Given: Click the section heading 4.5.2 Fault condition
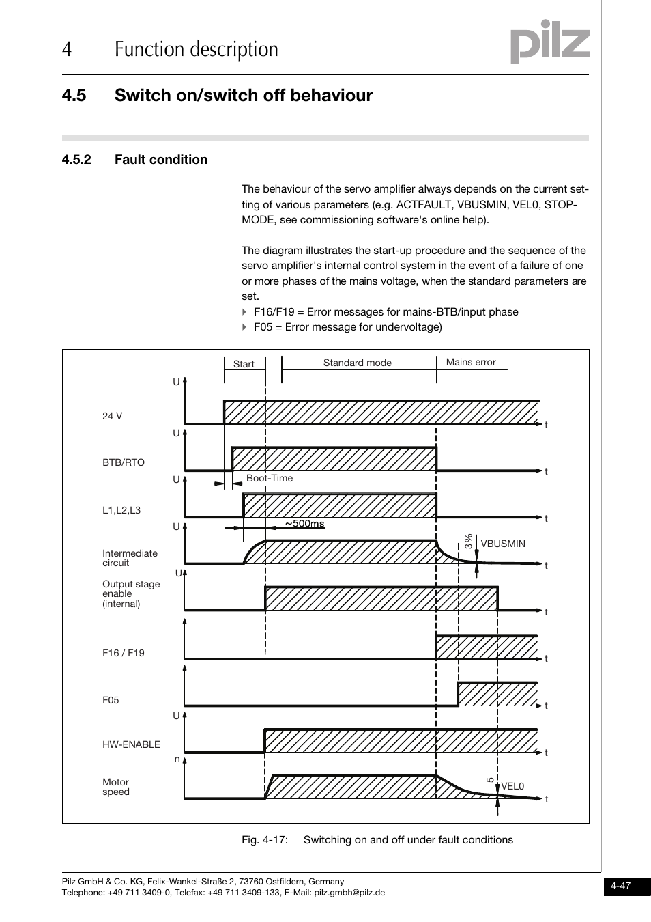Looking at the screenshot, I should coord(134,160).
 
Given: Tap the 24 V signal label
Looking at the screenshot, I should coord(112,416).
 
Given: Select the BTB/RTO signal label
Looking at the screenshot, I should coord(124,462).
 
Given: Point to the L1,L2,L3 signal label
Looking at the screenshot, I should coord(121,510).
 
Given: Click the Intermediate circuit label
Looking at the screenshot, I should coord(130,558).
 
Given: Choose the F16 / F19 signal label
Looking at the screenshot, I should coord(124,653).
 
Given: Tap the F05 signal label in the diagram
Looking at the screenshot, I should coord(111,700).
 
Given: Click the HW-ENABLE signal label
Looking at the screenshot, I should coord(131,744).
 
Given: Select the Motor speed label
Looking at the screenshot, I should coord(115,787).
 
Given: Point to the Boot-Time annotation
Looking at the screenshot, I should coord(270,478).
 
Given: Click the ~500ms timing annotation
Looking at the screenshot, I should coord(304,524).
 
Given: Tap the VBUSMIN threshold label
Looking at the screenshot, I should coord(503,544).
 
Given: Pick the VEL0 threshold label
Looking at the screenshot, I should coord(512,786).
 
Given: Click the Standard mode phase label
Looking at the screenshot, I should coord(357,363).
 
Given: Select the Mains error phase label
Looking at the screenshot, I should coord(471,362).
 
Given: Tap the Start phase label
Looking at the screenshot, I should coord(244,364).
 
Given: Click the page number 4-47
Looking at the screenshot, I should coord(620,886).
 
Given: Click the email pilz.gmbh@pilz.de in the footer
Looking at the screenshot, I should coord(349,892).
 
